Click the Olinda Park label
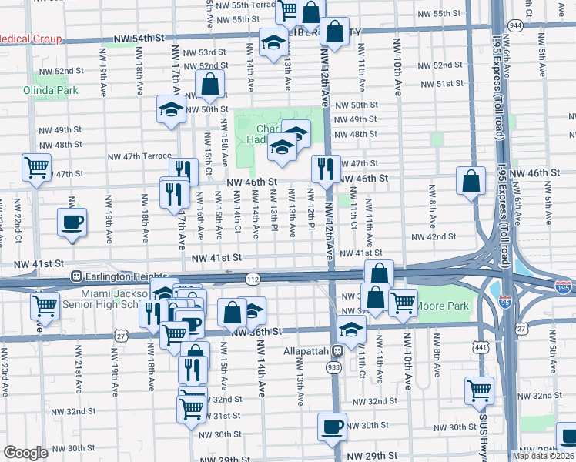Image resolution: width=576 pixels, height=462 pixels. pos(56,90)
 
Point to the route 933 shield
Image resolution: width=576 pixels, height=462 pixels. pos(333,369)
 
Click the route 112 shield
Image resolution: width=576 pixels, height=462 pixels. pos(252,278)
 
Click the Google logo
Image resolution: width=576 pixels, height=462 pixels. pos(25,453)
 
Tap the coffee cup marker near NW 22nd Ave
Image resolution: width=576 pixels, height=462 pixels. pos(72,223)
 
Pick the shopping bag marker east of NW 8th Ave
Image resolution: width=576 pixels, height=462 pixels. pos(471,181)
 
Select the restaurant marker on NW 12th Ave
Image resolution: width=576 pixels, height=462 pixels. pos(326,169)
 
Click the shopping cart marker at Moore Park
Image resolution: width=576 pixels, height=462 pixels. pos(403,303)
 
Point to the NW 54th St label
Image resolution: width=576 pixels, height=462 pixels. pos(139,38)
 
